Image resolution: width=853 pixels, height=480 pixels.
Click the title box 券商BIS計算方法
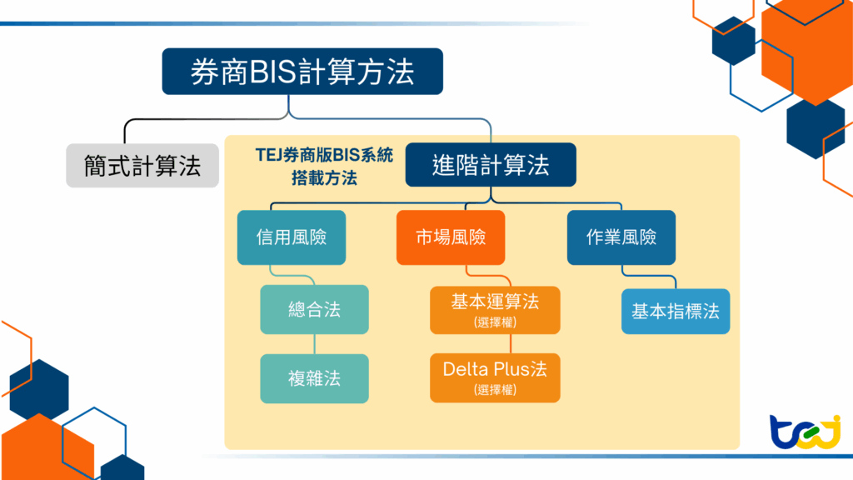click(302, 72)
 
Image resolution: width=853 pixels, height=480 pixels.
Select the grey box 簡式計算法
click(142, 165)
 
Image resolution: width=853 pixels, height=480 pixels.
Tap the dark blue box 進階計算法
click(491, 164)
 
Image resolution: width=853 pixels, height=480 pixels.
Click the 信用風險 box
click(291, 237)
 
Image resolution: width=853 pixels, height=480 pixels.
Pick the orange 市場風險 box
click(451, 237)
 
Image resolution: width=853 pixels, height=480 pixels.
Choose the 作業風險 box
click(621, 237)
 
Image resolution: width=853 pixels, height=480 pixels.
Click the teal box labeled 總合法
click(314, 310)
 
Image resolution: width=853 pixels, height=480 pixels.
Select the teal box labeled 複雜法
click(314, 378)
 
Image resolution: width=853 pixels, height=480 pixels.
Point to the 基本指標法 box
click(675, 312)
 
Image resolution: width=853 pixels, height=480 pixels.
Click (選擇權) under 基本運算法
click(495, 322)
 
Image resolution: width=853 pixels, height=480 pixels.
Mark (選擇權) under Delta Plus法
click(495, 390)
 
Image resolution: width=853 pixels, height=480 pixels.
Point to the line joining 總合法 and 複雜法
click(314, 344)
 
